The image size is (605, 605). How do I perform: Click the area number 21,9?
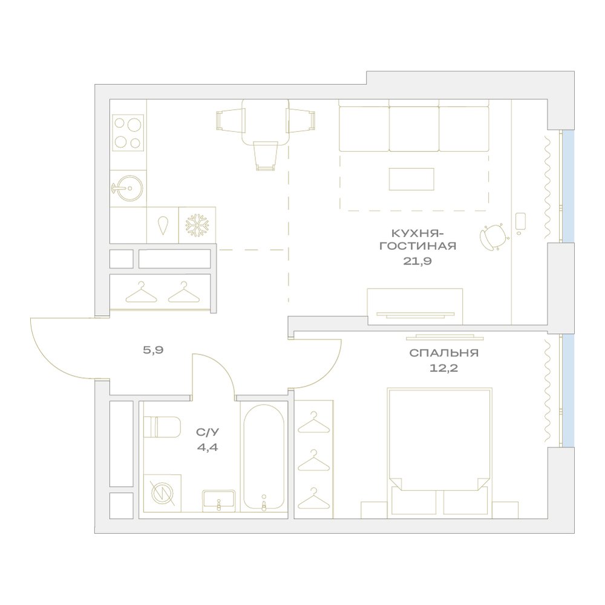pyautogui.click(x=417, y=261)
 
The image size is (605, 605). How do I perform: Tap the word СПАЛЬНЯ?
pyautogui.click(x=443, y=353)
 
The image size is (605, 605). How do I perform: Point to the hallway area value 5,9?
pyautogui.click(x=153, y=350)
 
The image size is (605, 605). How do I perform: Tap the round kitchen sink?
pyautogui.click(x=129, y=188)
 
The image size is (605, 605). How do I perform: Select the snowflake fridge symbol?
pyautogui.click(x=197, y=225)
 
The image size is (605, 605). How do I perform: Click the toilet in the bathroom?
pyautogui.click(x=162, y=427)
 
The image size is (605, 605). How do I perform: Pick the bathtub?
pyautogui.click(x=264, y=457)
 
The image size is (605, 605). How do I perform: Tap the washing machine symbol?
pyautogui.click(x=162, y=494)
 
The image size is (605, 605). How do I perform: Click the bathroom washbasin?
pyautogui.click(x=219, y=500)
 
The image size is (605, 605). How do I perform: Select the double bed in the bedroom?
pyautogui.click(x=439, y=452)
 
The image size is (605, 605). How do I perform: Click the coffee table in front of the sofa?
pyautogui.click(x=411, y=179)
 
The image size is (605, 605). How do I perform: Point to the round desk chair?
pyautogui.click(x=494, y=236)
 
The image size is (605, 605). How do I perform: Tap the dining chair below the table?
pyautogui.click(x=266, y=155)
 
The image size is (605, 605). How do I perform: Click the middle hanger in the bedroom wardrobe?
pyautogui.click(x=313, y=460)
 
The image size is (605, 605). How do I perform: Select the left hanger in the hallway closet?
pyautogui.click(x=141, y=292)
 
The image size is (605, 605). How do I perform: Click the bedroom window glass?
pyautogui.click(x=568, y=390)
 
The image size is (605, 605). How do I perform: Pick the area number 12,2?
pyautogui.click(x=443, y=368)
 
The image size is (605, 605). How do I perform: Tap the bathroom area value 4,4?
pyautogui.click(x=207, y=448)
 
